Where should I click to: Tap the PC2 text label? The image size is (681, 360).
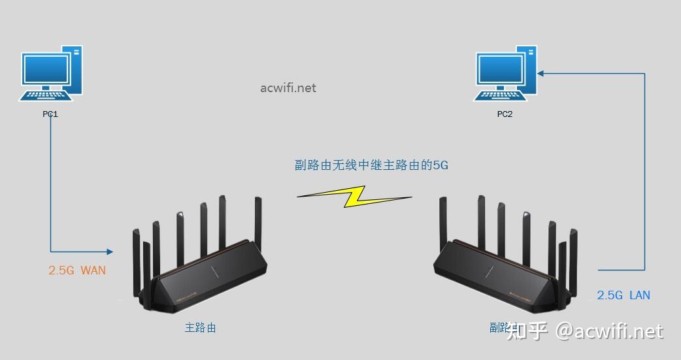[505, 114]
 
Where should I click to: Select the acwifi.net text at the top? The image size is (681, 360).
[288, 88]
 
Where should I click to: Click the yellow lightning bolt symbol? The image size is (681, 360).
[354, 196]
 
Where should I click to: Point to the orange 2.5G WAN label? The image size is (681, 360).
[76, 270]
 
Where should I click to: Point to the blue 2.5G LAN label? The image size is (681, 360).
[623, 295]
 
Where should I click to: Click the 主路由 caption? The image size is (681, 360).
[200, 327]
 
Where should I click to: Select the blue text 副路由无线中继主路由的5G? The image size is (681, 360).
[371, 165]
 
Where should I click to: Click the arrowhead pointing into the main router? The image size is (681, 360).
[109, 252]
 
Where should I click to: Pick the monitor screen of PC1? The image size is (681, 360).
[46, 69]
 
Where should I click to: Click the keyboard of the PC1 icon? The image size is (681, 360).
[46, 96]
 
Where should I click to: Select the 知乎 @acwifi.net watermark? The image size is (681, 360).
[585, 331]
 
